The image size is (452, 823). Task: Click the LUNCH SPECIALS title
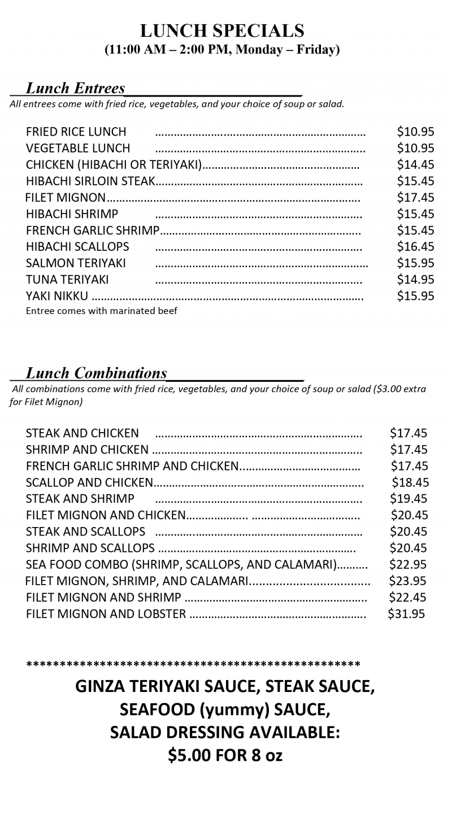pos(222,31)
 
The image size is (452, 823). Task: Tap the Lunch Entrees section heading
pos(75,88)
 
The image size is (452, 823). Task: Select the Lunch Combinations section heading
pos(96,373)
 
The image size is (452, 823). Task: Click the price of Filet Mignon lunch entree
pos(415,197)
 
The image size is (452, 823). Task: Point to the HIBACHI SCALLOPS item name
pos(77,247)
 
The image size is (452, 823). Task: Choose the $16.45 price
pos(415,247)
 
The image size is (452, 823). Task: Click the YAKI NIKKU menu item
pos(57,296)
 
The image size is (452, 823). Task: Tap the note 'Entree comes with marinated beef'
pos(102,311)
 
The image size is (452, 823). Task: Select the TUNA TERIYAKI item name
pos(67,280)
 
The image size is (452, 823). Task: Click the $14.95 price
pos(415,280)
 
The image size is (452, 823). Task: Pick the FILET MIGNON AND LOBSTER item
pos(106,614)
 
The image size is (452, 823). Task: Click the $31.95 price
pos(406,614)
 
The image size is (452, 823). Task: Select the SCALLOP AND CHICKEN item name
pos(89,482)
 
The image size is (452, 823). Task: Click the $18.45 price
pos(410,482)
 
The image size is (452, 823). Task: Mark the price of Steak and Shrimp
pos(408,499)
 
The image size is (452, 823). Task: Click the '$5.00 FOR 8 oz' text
pos(225,755)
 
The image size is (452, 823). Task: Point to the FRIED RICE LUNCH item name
pos(76,132)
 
